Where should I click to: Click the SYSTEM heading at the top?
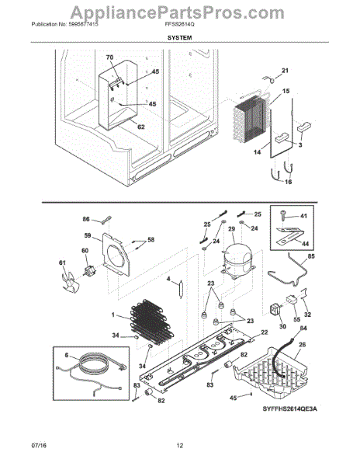click(179, 37)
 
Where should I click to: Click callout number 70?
click(109, 57)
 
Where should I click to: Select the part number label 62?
click(141, 127)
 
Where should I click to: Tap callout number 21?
click(284, 71)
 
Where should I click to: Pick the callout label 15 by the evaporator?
click(286, 92)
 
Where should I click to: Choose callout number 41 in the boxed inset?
click(303, 216)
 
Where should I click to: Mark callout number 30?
click(282, 327)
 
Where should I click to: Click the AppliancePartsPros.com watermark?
click(179, 11)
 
